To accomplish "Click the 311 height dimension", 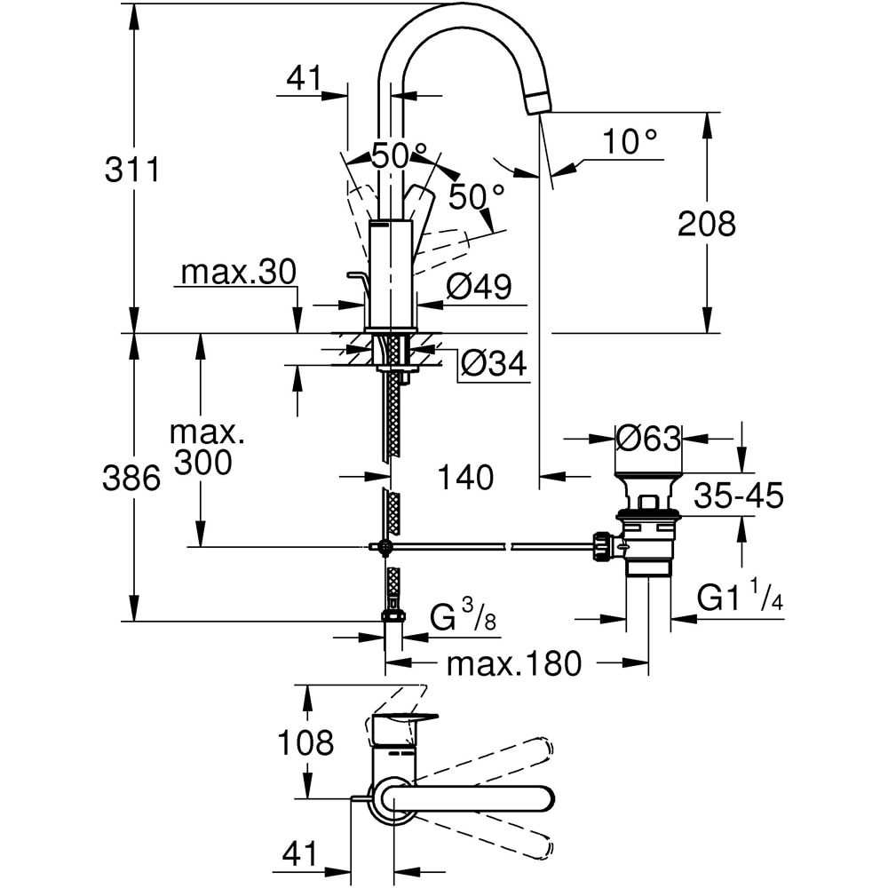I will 132,168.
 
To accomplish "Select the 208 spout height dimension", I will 706,224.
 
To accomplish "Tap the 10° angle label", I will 630,141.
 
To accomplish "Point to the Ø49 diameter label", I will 479,287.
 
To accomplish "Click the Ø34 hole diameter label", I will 493,363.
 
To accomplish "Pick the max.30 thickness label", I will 237,273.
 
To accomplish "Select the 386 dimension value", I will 132,480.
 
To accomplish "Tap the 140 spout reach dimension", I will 465,478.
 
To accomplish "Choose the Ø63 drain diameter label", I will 649,438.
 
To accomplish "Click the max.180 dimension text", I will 513,662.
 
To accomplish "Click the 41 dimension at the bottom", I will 299,854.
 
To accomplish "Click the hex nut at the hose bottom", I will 392,615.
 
